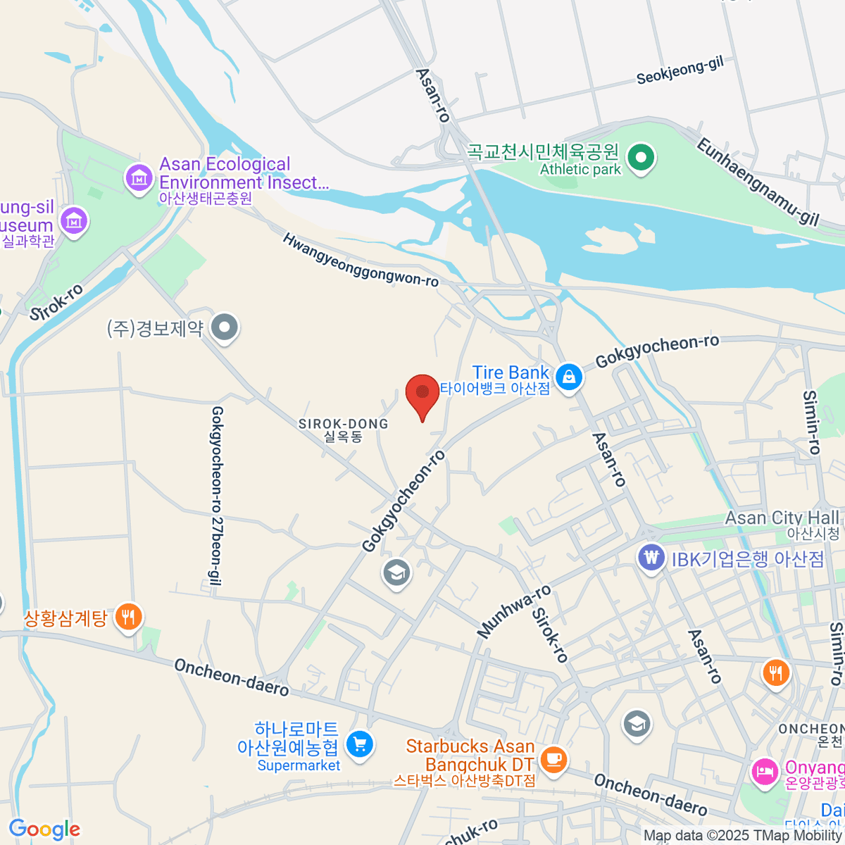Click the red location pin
point(423,393)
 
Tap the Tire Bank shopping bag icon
point(568,377)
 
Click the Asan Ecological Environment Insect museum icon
point(139,177)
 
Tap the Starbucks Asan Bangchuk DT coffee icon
point(554,758)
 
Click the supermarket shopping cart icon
point(360,744)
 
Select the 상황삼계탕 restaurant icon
point(127,618)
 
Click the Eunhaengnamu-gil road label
point(758,182)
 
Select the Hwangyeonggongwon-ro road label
point(361,261)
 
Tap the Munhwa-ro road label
point(514,612)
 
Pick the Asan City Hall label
point(782,518)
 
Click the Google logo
point(44,829)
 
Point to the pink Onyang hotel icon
point(764,772)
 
